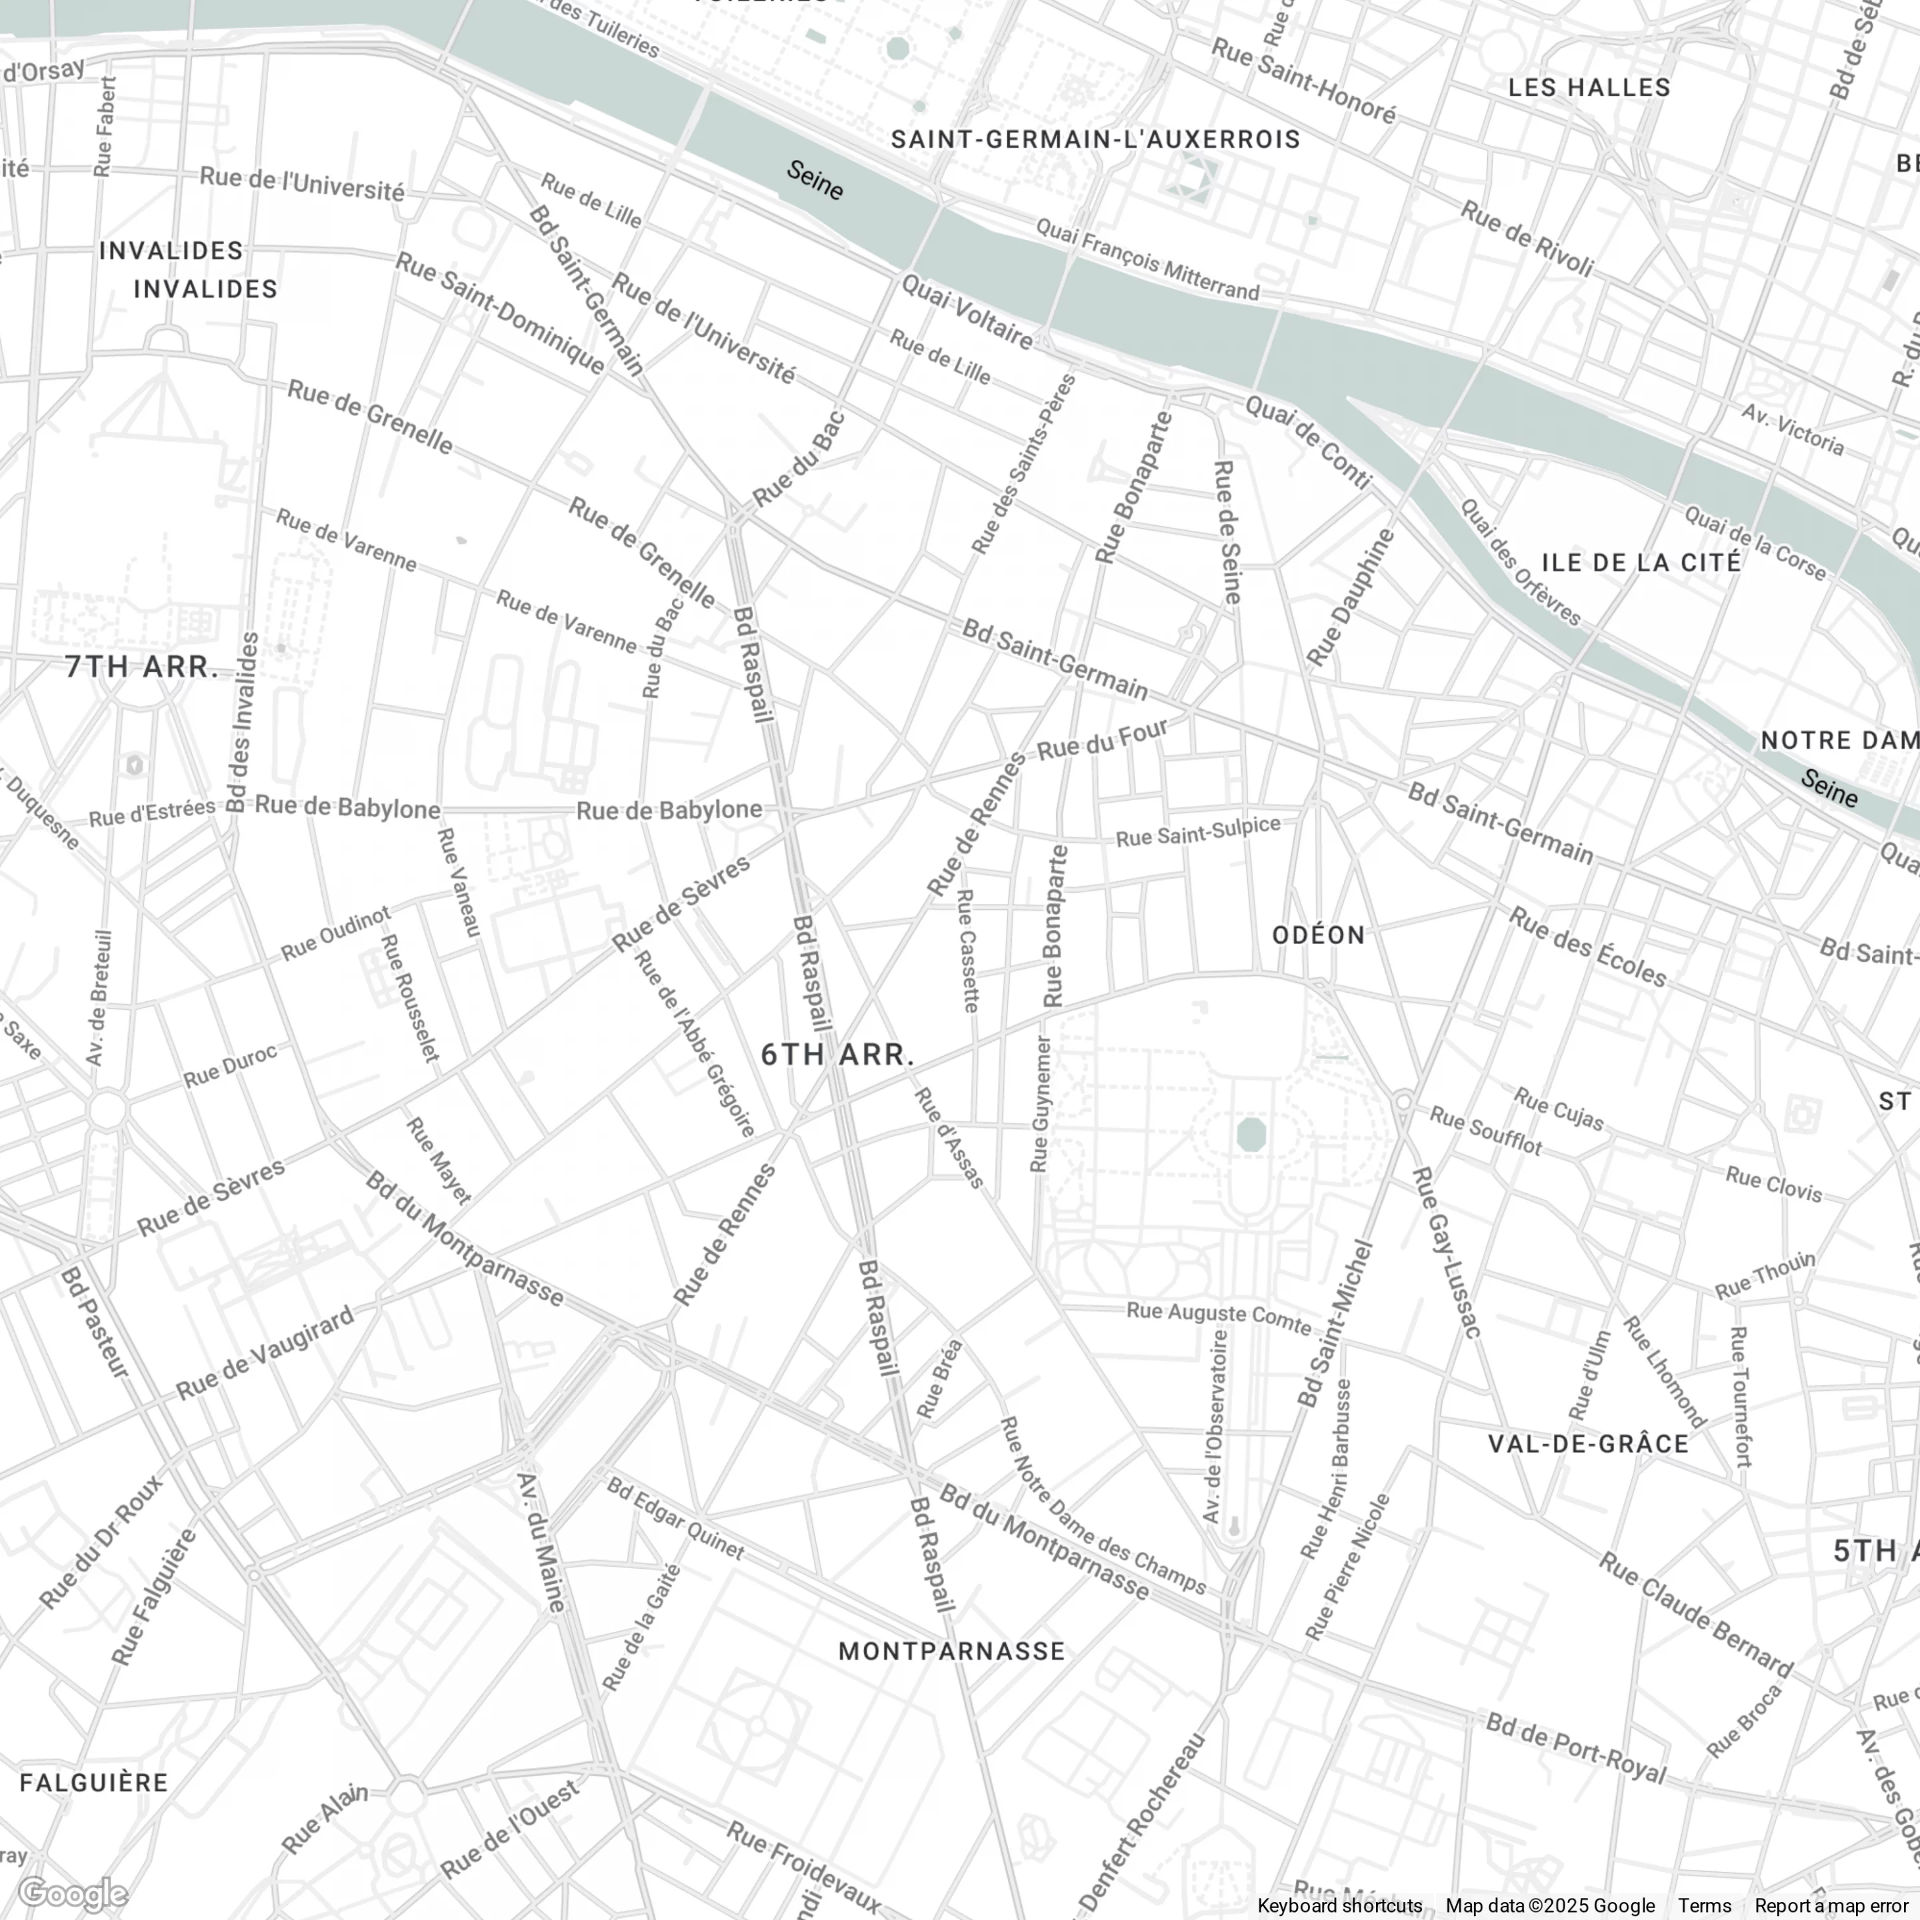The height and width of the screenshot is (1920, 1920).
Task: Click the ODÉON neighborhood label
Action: pos(1319,935)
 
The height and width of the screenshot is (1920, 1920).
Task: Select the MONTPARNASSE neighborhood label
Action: pos(951,1652)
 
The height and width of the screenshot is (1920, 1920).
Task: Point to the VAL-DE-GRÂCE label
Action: pos(1587,1444)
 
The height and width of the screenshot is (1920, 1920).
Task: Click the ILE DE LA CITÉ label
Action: pos(1641,563)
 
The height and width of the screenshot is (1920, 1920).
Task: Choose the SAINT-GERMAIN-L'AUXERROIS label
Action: pos(1095,139)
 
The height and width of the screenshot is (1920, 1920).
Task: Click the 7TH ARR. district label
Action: pos(142,667)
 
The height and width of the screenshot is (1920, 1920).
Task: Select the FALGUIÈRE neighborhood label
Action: pos(95,1783)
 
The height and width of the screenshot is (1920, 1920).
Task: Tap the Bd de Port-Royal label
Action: pos(1575,1748)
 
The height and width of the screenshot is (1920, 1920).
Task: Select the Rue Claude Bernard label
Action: pos(1695,1615)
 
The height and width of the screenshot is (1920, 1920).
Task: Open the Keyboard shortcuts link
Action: pos(1339,1905)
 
